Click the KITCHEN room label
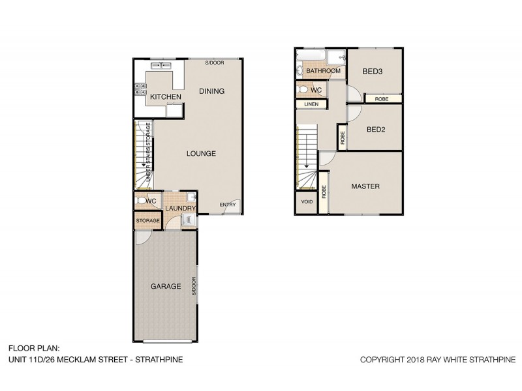tap(166, 97)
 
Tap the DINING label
tap(212, 91)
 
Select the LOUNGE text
tap(201, 154)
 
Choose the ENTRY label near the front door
tap(228, 205)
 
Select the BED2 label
tap(376, 129)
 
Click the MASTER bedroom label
tap(365, 186)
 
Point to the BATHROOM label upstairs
tap(324, 70)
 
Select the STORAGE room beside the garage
tap(148, 221)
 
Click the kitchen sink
tap(160, 65)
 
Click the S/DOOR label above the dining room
tap(214, 63)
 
